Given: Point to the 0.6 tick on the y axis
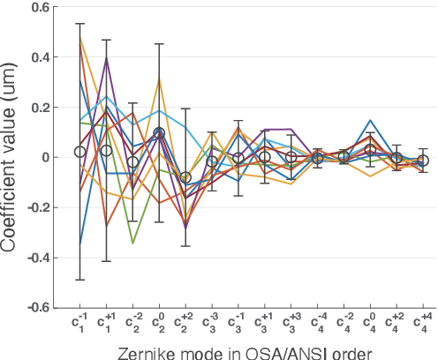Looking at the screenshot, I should click(x=55, y=7).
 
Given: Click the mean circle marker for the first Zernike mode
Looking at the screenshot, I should click(x=80, y=152).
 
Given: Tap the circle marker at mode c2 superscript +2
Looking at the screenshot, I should click(x=185, y=177).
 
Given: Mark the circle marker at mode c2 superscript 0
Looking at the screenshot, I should click(x=159, y=133).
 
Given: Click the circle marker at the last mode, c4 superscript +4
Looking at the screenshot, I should click(x=424, y=161).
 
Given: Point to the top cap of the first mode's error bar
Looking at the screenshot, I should click(x=80, y=24).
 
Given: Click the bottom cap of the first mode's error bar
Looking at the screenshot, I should click(x=80, y=280).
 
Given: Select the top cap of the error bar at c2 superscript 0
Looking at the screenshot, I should click(x=159, y=44).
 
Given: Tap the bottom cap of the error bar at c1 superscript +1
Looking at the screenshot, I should click(x=107, y=261).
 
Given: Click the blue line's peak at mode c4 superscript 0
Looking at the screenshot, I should click(x=371, y=120).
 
